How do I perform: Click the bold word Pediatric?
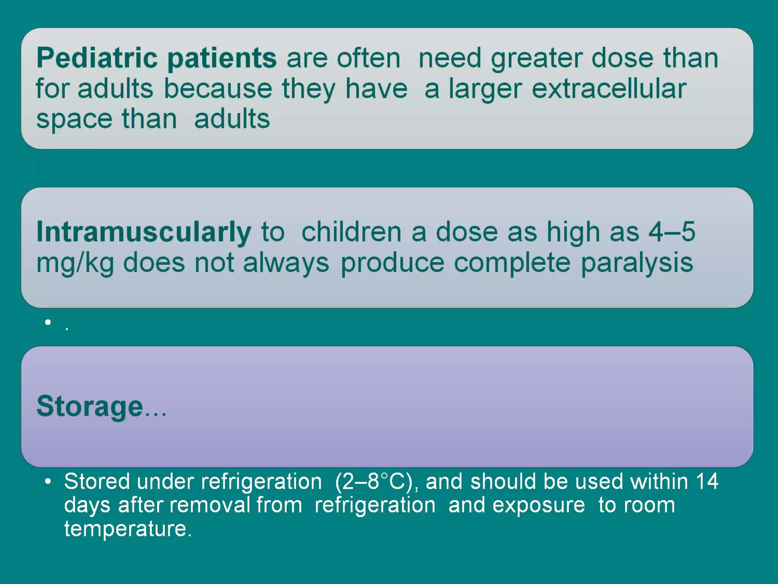tap(97, 58)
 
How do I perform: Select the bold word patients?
tap(222, 58)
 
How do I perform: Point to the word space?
tap(74, 119)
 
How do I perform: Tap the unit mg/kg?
tap(75, 263)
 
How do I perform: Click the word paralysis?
tap(637, 263)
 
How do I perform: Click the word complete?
tap(512, 263)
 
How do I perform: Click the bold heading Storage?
tap(90, 406)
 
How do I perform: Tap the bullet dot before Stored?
tap(47, 482)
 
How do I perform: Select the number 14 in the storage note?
tap(707, 481)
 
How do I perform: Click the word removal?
tap(210, 505)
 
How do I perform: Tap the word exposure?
tap(539, 505)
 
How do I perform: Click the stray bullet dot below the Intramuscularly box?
tap(47, 322)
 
